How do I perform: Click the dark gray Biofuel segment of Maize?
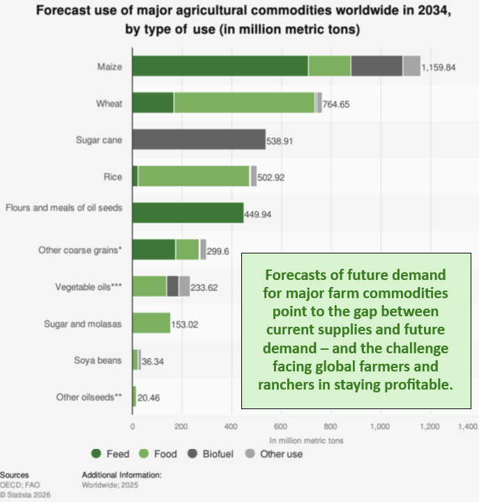tap(377, 66)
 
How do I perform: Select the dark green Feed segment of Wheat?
tap(153, 103)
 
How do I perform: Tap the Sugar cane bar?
tap(199, 139)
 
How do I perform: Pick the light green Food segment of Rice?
tap(194, 176)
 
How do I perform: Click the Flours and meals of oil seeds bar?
tap(188, 212)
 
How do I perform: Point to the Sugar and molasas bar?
tap(151, 323)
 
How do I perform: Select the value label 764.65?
tap(340, 104)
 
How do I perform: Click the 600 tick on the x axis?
tap(281, 426)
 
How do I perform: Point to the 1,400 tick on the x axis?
tap(467, 426)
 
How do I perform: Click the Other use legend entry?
tap(275, 454)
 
